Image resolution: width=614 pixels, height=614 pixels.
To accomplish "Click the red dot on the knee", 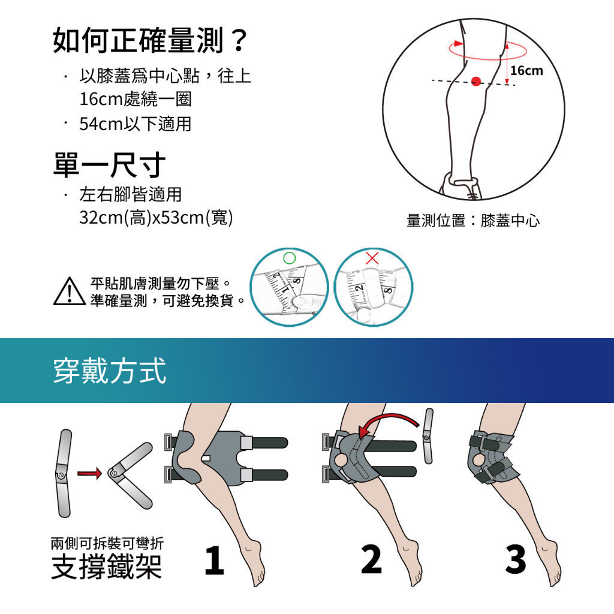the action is pos(475,82).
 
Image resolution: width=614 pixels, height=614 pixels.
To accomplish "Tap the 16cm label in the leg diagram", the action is pos(526,71).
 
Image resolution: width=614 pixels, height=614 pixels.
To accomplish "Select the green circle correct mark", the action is pos(289,258).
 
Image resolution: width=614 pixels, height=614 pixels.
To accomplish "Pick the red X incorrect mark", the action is pos(372,258).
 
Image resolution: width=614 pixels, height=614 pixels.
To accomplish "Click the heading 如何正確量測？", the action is pos(151,40).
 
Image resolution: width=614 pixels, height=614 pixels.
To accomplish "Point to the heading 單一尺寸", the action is pos(109,165).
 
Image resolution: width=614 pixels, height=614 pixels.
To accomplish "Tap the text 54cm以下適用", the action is pos(135,124).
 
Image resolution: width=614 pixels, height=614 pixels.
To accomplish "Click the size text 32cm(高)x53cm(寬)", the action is pos(156,217).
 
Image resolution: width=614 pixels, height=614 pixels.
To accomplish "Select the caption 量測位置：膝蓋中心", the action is pos(473,221).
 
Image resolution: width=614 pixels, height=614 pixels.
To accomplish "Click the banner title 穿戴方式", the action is pos(110,371).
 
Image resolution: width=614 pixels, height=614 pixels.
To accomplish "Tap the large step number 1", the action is pos(214,561).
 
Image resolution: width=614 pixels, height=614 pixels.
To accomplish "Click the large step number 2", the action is pos(371,559).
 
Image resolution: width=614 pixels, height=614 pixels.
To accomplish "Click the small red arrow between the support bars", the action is pos(89,474).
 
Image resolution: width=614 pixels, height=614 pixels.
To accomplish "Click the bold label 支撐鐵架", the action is pos(107,567).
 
